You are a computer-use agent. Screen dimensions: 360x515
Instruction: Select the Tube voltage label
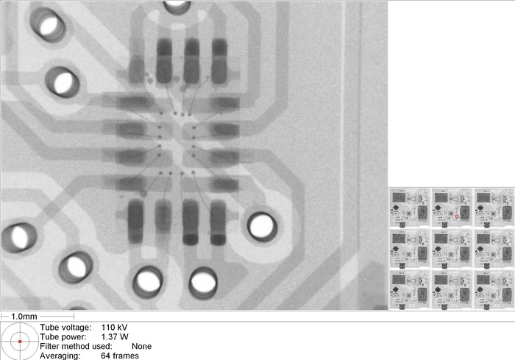tap(65, 327)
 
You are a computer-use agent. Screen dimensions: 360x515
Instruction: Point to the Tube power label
tap(64, 336)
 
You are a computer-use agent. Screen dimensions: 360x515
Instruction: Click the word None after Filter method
tap(141, 346)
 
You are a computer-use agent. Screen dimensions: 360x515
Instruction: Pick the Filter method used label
tap(76, 346)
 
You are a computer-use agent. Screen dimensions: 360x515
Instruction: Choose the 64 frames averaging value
tap(119, 356)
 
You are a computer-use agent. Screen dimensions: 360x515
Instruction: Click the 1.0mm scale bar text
tap(26, 316)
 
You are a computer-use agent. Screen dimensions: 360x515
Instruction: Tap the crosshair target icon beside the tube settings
tap(19, 341)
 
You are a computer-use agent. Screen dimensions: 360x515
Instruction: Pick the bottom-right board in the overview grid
tap(492, 289)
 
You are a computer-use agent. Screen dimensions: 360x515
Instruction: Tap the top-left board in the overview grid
tap(408, 207)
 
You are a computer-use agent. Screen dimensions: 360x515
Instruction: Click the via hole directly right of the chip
tap(262, 226)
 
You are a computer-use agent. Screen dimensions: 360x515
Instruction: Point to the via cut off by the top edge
tap(176, 4)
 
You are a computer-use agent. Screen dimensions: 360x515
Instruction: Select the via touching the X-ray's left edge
tap(16, 236)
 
